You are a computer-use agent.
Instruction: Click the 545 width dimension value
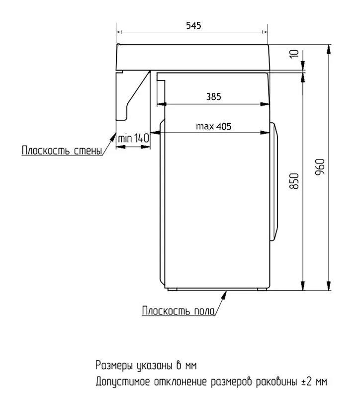pos(193,25)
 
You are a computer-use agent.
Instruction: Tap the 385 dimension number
pos(213,96)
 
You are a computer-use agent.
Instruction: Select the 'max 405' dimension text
pos(213,126)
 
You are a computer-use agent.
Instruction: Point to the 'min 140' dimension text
pos(133,138)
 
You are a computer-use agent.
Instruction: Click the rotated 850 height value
pos(294,181)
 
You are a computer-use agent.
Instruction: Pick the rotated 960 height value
pos(320,167)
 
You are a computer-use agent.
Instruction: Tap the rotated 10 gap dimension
pos(294,54)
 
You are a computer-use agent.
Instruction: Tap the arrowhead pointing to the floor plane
pos(224,295)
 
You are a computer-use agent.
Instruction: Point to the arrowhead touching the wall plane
pos(113,136)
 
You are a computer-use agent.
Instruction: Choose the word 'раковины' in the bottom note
pos(276,382)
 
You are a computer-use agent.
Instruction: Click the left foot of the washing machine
pos(172,289)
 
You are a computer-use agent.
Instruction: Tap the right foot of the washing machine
pos(262,289)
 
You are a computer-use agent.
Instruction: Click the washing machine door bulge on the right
pos(274,181)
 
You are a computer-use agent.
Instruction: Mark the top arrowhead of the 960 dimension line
pos(328,49)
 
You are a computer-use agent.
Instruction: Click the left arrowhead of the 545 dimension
pos(119,32)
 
